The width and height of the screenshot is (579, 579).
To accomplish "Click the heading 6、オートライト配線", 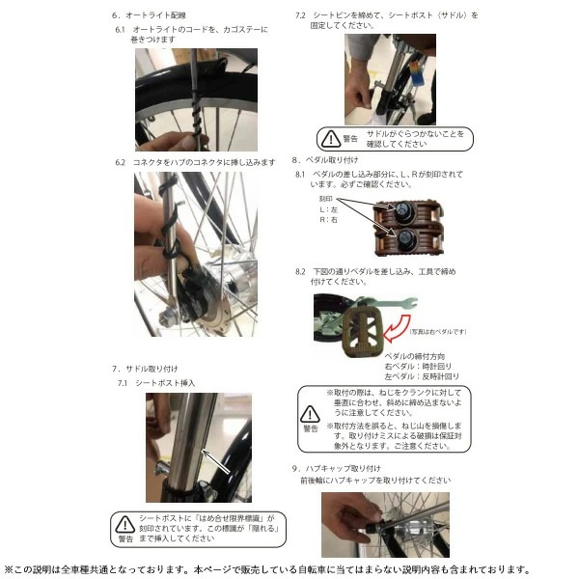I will coord(152,15).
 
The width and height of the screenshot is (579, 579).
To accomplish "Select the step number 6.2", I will coord(122,162).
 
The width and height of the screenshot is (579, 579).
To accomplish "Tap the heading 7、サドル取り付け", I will coord(146,368).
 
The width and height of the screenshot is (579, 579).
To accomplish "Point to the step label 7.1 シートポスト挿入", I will coord(156,382).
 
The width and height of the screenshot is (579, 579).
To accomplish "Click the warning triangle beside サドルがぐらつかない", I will coord(331,139).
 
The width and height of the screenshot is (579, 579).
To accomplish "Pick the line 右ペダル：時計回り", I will coord(420,367).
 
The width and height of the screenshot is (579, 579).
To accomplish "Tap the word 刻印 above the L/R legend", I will coord(325,197).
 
